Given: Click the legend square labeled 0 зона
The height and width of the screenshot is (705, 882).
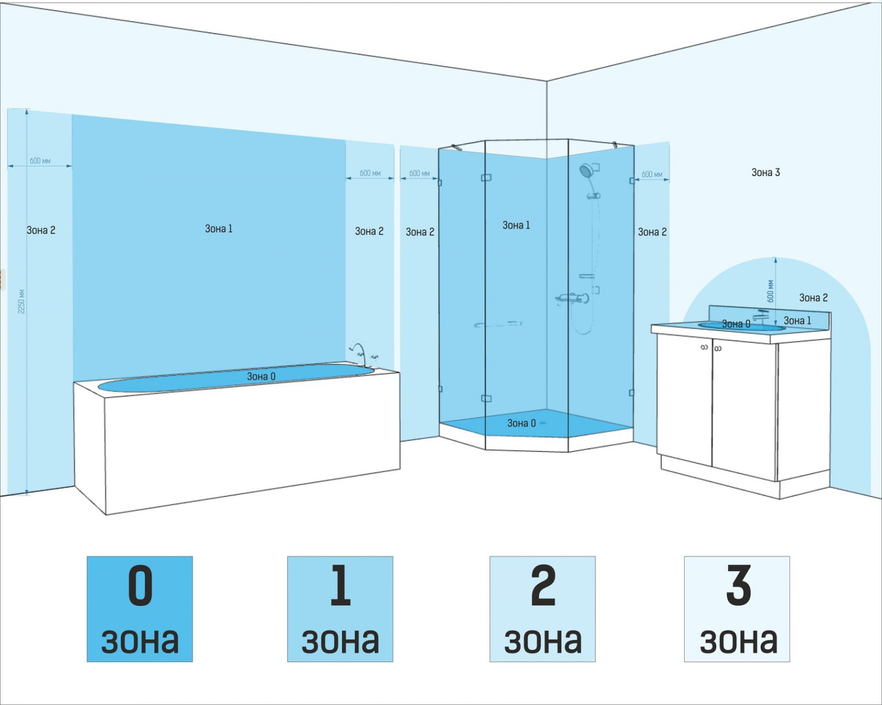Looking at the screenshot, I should tap(139, 609).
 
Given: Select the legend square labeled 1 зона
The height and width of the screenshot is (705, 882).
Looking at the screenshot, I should tap(340, 609).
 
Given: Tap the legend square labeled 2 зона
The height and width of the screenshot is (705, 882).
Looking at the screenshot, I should tap(542, 609).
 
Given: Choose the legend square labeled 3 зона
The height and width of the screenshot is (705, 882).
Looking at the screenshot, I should tap(737, 609).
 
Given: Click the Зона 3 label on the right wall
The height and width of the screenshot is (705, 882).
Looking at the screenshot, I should tap(765, 173).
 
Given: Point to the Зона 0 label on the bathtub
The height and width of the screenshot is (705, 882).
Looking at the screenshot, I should tap(261, 376).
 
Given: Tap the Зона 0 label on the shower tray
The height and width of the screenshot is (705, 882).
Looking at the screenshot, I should tap(521, 423).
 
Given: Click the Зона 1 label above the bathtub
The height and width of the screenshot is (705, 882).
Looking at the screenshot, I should tap(219, 229).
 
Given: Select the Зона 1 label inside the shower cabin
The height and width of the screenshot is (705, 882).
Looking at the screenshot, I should tap(516, 225).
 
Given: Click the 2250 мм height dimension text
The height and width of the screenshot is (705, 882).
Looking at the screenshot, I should tap(21, 302).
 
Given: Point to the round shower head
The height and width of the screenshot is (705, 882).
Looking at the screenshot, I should tap(585, 170).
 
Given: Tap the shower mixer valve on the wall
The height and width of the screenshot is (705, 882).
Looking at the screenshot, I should tap(573, 299).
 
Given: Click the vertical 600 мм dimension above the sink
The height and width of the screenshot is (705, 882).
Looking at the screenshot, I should tap(770, 291).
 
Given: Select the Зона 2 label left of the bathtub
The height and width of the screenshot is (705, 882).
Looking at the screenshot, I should tap(41, 230).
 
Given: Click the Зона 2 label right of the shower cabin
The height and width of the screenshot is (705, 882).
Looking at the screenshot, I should tap(652, 232).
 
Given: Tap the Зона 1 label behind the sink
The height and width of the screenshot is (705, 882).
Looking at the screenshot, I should tap(797, 321).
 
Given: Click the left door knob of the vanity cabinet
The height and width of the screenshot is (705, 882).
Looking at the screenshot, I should tap(704, 347).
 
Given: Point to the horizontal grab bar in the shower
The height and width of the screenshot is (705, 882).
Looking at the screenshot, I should tap(498, 324).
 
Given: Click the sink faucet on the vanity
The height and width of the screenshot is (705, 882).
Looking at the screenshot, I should tap(761, 316).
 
